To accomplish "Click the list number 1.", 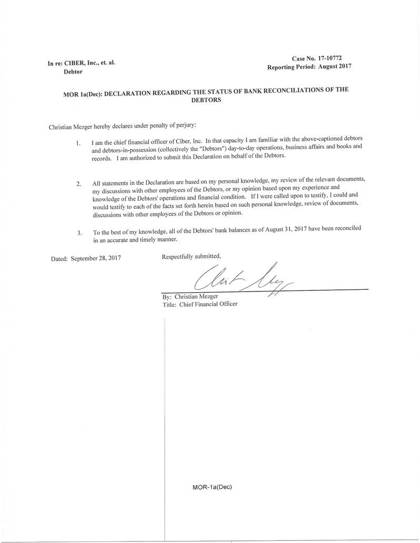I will pos(78,143).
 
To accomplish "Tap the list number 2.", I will pos(78,184).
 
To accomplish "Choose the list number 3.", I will pos(79,233).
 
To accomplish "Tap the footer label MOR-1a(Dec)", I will pos(212,487).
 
